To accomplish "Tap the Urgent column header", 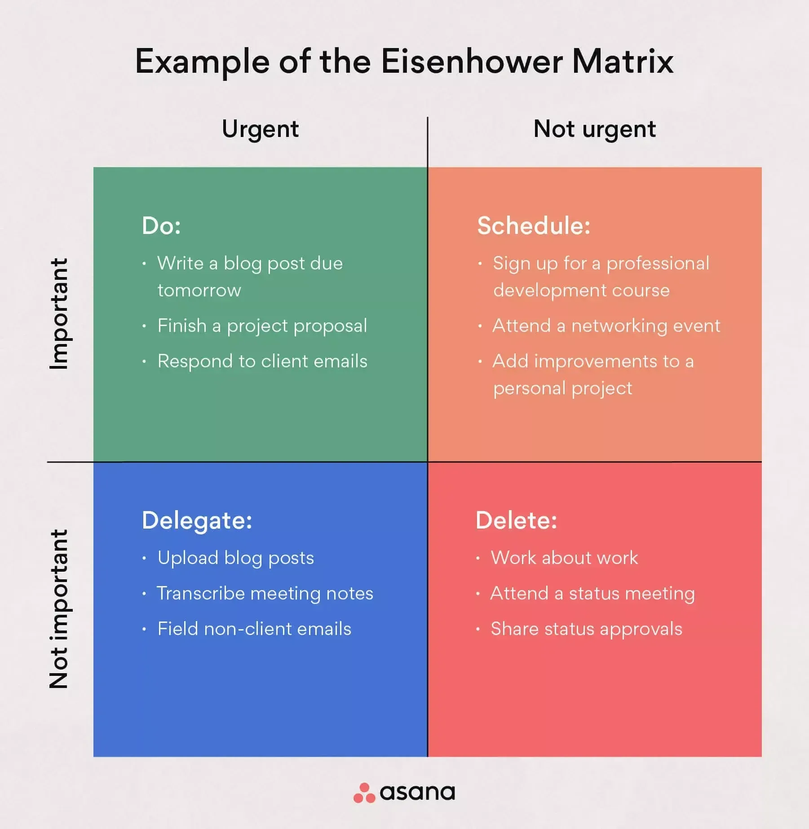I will pyautogui.click(x=260, y=129).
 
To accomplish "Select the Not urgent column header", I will pyautogui.click(x=594, y=129).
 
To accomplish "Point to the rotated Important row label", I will pyautogui.click(x=59, y=313).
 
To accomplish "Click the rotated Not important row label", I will pyautogui.click(x=59, y=609).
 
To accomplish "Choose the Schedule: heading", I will pyautogui.click(x=534, y=225).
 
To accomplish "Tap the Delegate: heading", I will pyautogui.click(x=197, y=520).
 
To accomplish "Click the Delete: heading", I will pyautogui.click(x=516, y=520).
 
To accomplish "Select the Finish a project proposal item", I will pyautogui.click(x=262, y=326).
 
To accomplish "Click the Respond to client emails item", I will pyautogui.click(x=262, y=362).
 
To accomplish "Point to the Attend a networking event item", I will pyautogui.click(x=606, y=326).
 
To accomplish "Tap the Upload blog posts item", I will pyautogui.click(x=235, y=558).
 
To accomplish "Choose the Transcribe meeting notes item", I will pyautogui.click(x=265, y=594).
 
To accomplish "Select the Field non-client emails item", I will pyautogui.click(x=254, y=629).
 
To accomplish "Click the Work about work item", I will pyautogui.click(x=564, y=558).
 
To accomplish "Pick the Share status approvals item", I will pyautogui.click(x=586, y=629).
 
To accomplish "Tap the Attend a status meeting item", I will pyautogui.click(x=592, y=594).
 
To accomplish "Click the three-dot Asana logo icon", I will pyautogui.click(x=364, y=793).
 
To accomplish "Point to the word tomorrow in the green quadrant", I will pyautogui.click(x=199, y=291).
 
